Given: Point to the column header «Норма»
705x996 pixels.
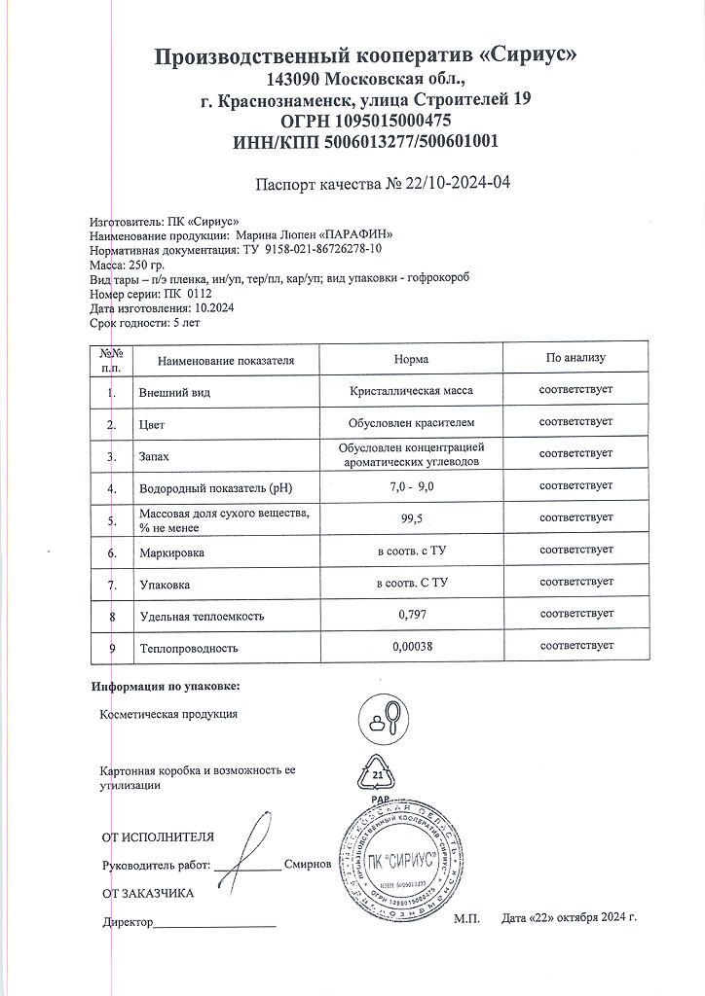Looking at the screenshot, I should (411, 359).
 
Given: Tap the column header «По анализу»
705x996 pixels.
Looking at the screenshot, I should (575, 358).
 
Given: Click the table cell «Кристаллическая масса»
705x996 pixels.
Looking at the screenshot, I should (411, 391).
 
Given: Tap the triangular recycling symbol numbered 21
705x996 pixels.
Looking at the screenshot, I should (379, 775).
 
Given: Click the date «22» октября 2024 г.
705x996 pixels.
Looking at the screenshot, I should (570, 917).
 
